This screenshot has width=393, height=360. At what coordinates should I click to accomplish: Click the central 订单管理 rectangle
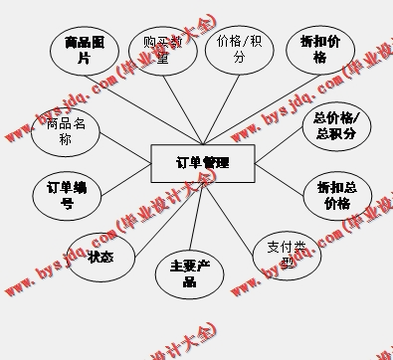[202, 163]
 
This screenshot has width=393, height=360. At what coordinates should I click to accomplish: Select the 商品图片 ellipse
[84, 50]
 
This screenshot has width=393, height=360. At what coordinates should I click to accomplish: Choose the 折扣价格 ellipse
[318, 50]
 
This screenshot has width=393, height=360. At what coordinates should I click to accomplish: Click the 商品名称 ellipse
[66, 132]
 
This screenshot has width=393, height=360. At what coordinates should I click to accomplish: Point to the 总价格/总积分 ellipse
[335, 125]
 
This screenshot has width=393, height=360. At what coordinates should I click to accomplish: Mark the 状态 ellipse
[100, 257]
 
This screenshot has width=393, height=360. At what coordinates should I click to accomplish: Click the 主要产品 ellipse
[189, 273]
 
